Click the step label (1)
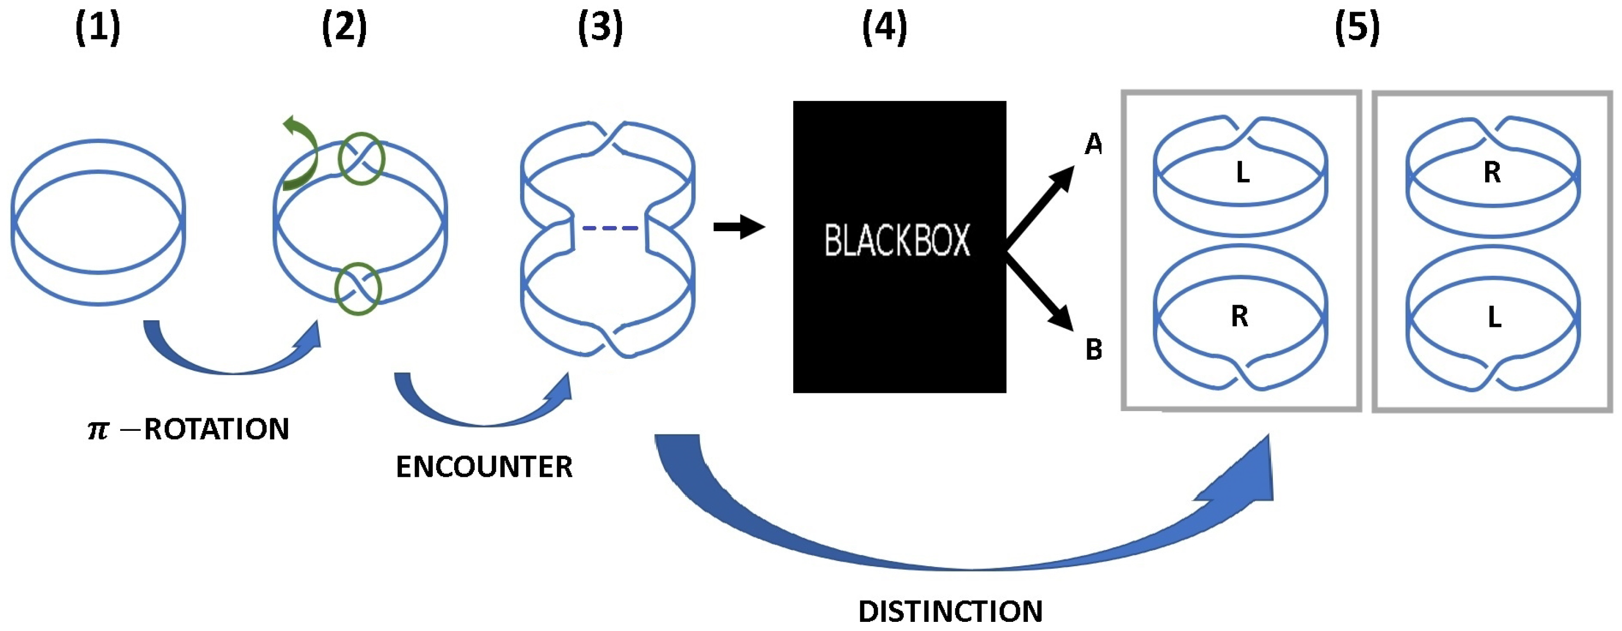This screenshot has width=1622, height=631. tap(98, 29)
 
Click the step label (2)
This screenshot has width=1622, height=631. tap(344, 29)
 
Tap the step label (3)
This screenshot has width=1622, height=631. tap(600, 29)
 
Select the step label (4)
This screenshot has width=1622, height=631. tap(884, 29)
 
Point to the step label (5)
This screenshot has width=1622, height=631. tap(1357, 29)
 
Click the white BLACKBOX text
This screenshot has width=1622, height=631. tap(897, 241)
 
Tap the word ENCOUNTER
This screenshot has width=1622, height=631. tap(484, 467)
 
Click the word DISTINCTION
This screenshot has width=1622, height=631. tap(950, 611)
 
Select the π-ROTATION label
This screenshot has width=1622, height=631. tap(188, 429)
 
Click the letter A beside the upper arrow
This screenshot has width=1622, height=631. tap(1094, 145)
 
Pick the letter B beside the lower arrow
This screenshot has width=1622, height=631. tap(1094, 350)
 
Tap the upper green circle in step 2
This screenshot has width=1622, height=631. tap(361, 159)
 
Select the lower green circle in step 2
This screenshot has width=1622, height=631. tap(358, 289)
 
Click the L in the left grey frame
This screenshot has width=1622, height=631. tap(1242, 172)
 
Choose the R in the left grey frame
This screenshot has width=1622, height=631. tap(1239, 317)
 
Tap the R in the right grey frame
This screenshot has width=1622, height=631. tap(1492, 172)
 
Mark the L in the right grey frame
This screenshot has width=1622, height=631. tap(1494, 318)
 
